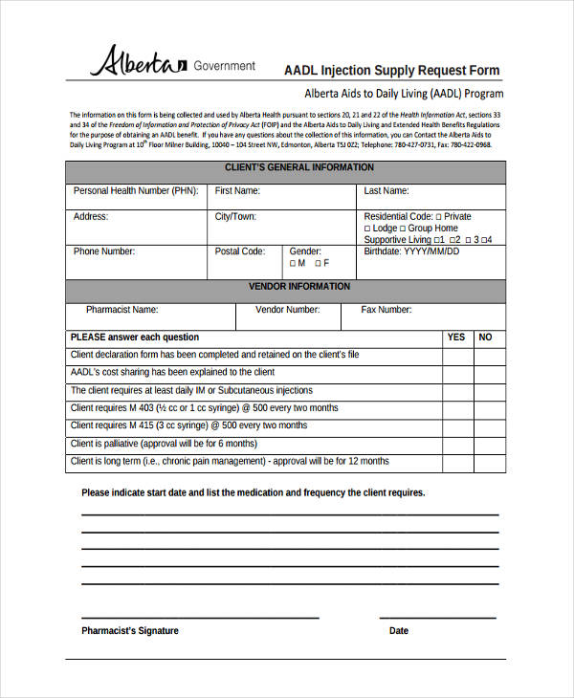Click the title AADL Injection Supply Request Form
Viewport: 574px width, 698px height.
392,71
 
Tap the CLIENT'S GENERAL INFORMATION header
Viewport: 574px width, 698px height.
285,168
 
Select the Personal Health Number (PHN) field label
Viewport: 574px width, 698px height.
136,191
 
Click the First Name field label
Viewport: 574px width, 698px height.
237,191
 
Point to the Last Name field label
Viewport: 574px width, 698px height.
386,191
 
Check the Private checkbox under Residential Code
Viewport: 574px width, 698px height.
439,217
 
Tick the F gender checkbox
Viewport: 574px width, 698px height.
317,264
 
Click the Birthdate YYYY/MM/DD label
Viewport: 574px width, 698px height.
411,252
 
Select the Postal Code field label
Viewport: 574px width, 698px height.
240,252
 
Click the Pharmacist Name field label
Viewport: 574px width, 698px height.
121,310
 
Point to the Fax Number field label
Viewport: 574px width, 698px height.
386,310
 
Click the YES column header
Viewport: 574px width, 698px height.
456,338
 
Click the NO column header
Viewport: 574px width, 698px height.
485,338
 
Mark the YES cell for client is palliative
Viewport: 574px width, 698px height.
456,445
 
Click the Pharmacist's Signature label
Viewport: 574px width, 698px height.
130,631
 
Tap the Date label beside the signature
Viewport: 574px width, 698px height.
399,631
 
